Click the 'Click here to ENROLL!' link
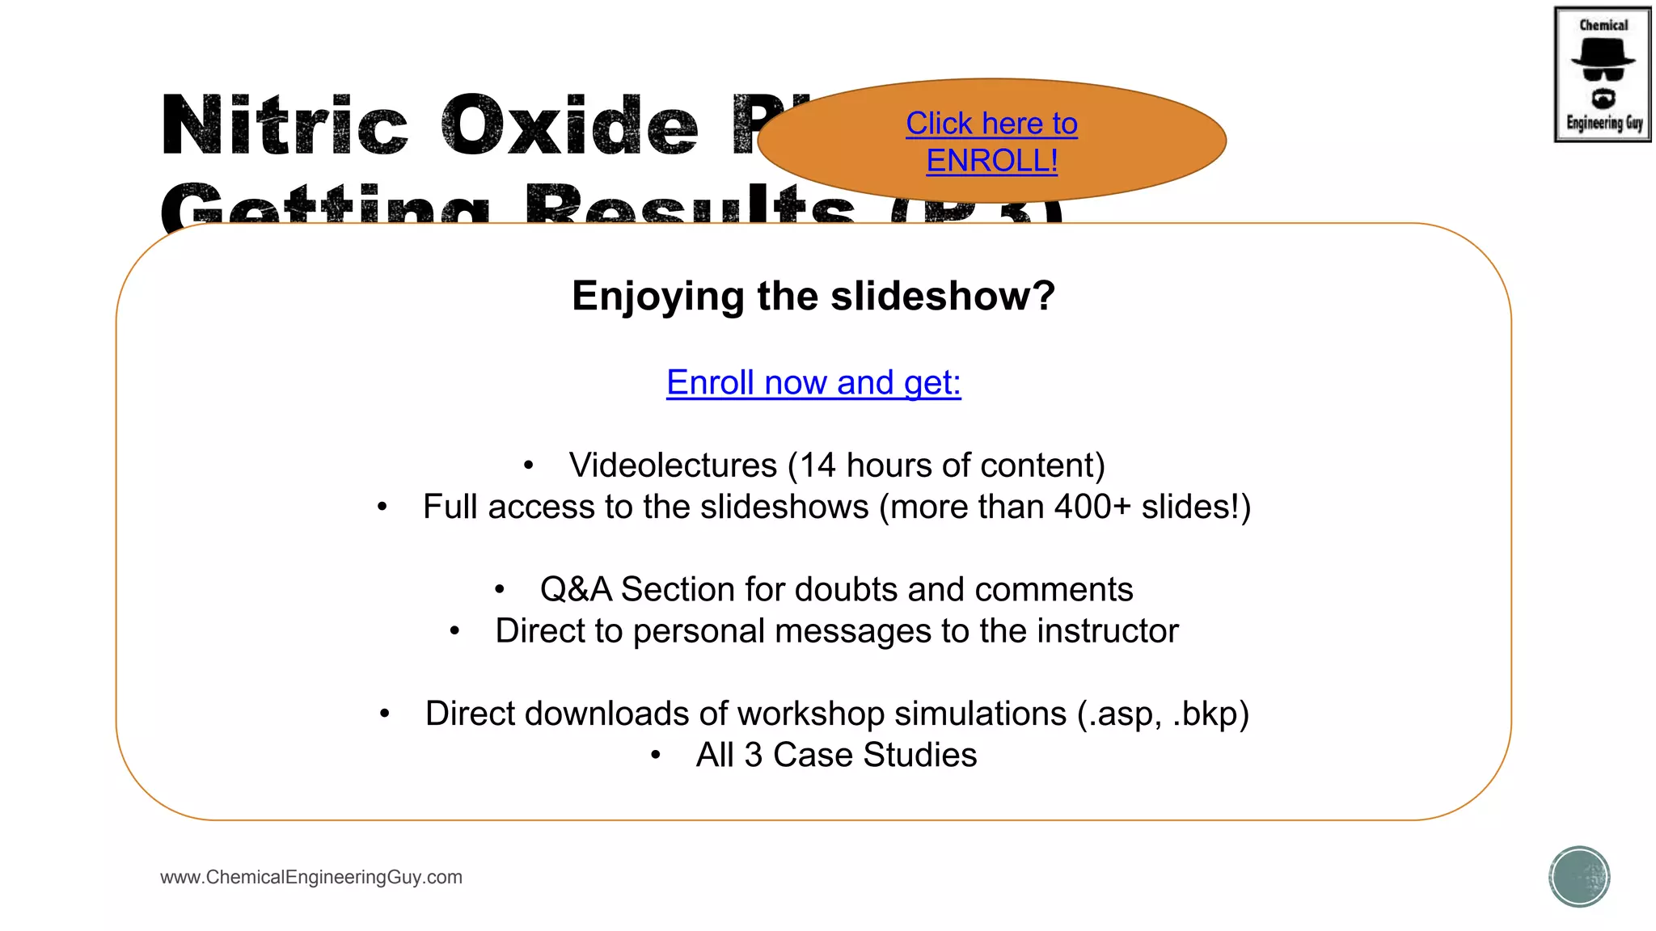pos(991,141)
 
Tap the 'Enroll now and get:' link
pos(813,382)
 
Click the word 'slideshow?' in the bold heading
pos(943,296)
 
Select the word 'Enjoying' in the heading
pos(657,297)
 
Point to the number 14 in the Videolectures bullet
pos(817,465)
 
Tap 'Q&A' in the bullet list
pos(576,589)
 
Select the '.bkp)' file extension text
pos(1210,714)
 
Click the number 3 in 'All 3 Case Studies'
pos(753,756)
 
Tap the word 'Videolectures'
pos(673,465)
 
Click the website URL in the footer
pos(311,877)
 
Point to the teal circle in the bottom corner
pos(1579,877)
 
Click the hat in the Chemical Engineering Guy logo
pos(1603,54)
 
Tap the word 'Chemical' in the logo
pos(1603,25)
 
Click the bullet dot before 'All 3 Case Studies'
pos(656,756)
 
